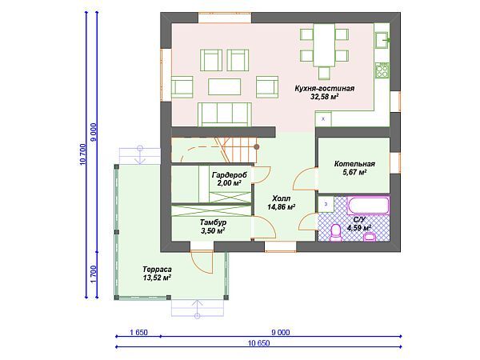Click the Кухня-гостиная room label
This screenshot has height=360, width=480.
pyautogui.click(x=325, y=93)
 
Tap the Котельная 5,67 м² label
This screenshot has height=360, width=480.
pyautogui.click(x=354, y=168)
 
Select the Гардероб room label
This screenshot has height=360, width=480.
pyautogui.click(x=230, y=179)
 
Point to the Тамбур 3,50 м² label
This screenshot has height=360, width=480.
pyautogui.click(x=214, y=226)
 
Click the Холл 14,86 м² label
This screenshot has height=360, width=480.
pyautogui.click(x=281, y=202)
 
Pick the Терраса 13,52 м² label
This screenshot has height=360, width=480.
pyautogui.click(x=157, y=274)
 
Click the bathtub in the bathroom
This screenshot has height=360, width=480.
pyautogui.click(x=368, y=206)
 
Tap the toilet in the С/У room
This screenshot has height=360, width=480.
pyautogui.click(x=336, y=233)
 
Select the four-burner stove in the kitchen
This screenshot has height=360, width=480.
pyautogui.click(x=382, y=70)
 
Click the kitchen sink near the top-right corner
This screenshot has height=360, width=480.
pyautogui.click(x=382, y=40)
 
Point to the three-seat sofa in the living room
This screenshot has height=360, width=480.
pyautogui.click(x=225, y=114)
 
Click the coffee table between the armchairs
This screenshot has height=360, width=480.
pyautogui.click(x=224, y=86)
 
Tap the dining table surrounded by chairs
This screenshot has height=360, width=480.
pyautogui.click(x=324, y=45)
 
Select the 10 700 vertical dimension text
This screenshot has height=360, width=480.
pyautogui.click(x=83, y=154)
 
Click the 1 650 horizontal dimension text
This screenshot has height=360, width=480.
pyautogui.click(x=138, y=333)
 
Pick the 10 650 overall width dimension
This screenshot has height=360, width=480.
pyautogui.click(x=259, y=343)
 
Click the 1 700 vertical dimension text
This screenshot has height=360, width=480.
pyautogui.click(x=94, y=274)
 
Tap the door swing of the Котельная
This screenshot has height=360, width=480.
pyautogui.click(x=305, y=178)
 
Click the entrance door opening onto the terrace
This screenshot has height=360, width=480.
pyautogui.click(x=202, y=262)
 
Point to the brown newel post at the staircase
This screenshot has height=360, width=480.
pyautogui.click(x=257, y=147)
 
